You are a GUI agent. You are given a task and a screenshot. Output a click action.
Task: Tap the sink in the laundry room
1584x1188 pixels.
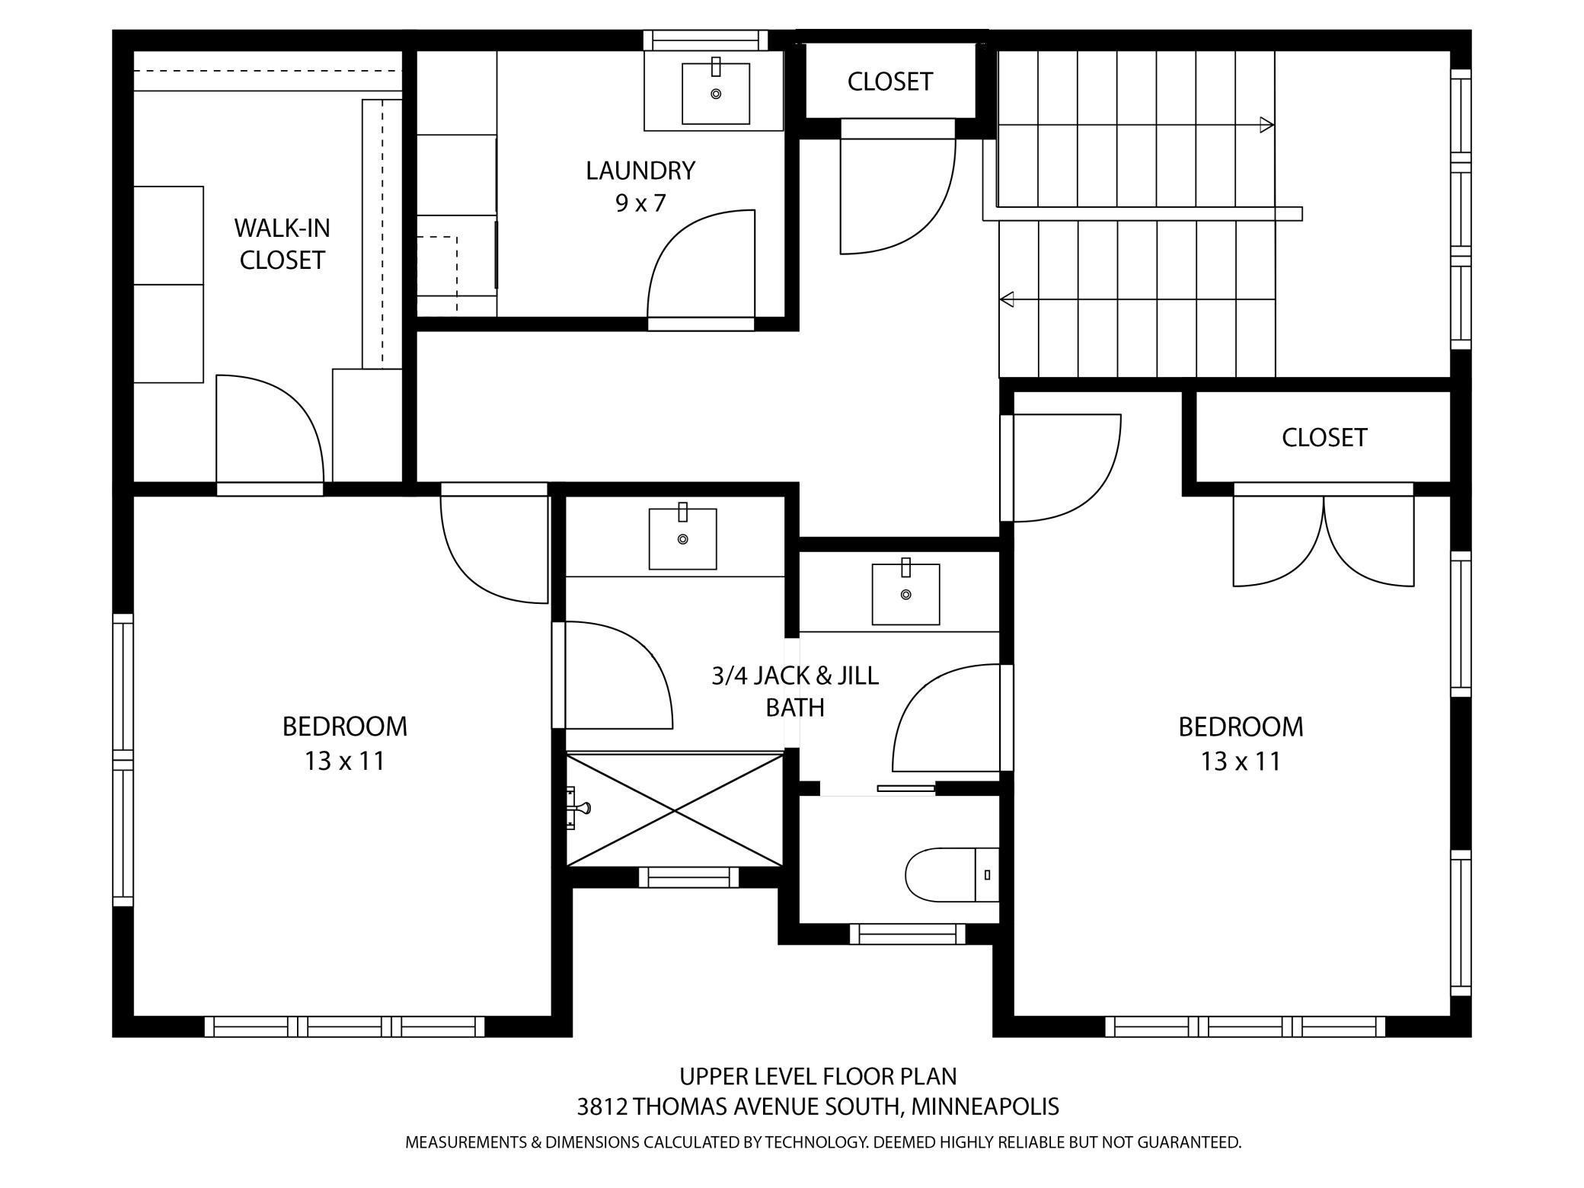point(715,93)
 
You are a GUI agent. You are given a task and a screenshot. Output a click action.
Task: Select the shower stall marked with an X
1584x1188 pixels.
point(675,810)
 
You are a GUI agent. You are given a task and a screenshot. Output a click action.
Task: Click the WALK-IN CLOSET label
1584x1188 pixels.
point(282,244)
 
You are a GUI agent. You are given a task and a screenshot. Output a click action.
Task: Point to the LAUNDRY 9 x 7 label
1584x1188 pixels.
point(640,186)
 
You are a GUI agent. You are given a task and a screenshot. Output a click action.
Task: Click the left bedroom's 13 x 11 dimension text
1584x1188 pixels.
point(344,761)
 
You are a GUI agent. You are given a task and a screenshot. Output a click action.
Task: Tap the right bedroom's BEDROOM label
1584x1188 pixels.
point(1241,727)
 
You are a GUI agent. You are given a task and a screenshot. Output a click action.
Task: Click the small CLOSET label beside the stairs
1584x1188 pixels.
point(889,81)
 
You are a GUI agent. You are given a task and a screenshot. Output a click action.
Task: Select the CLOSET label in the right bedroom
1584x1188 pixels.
point(1324,437)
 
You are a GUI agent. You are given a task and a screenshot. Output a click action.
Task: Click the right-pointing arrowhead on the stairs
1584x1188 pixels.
point(1266,125)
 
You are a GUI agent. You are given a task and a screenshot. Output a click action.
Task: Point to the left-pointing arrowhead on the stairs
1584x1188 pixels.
point(1007,299)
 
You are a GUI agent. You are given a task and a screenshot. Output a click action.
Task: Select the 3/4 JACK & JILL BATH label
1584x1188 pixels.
point(794,691)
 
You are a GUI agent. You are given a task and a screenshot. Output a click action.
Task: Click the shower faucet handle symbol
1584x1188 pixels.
point(582,808)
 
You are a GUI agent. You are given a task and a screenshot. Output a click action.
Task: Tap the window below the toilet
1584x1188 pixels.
point(906,934)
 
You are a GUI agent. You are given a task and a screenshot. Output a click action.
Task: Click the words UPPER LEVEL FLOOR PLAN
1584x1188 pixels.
point(818,1076)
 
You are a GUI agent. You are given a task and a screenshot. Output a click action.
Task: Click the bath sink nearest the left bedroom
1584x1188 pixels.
point(682,538)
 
